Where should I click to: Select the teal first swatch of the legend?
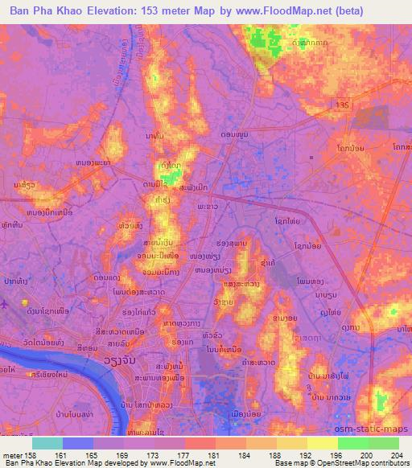point(47,443)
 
